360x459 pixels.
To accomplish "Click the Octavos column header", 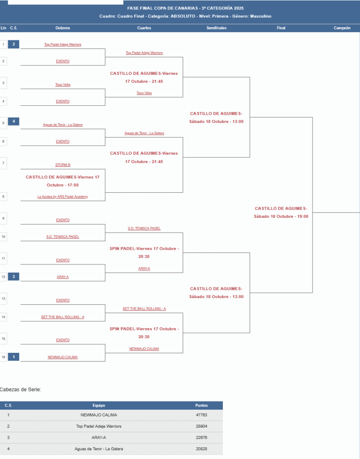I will (x=63, y=28).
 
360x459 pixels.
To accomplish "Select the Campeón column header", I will (x=342, y=28).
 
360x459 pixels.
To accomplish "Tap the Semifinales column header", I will (x=217, y=28).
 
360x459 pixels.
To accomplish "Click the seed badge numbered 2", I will (x=13, y=44).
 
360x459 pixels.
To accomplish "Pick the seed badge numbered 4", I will (x=13, y=121).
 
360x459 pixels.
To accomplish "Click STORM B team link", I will (x=63, y=165).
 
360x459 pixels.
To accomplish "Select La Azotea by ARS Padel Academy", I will (x=63, y=197).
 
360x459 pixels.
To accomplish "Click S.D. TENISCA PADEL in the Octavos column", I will (x=63, y=237).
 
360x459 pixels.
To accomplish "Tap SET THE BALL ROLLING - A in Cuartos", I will (x=144, y=309).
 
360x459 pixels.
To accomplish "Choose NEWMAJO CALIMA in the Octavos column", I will (x=63, y=357).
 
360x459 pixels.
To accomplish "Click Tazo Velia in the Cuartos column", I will (x=144, y=93).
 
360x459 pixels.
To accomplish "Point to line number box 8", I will (x=4, y=197).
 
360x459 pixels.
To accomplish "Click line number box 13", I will (x=4, y=298).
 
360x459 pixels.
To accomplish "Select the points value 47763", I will (x=201, y=415).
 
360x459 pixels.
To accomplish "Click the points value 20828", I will (x=201, y=449).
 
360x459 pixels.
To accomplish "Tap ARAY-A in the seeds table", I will (x=99, y=437).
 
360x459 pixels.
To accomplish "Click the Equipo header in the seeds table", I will (x=99, y=405).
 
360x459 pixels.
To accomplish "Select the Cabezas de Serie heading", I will (x=21, y=390).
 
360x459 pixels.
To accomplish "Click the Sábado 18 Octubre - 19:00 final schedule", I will (x=281, y=216).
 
